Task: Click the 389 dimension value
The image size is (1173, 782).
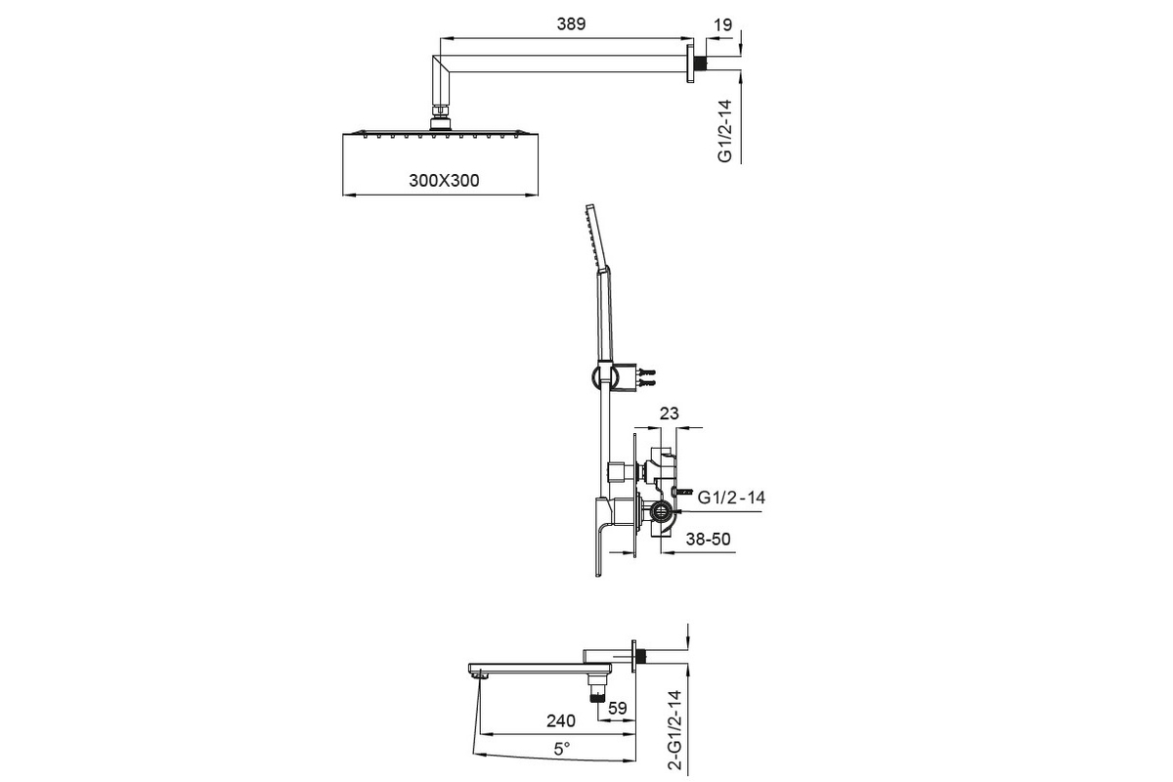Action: (x=571, y=24)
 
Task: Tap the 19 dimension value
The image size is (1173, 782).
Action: (x=722, y=24)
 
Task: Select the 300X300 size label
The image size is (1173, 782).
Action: (x=444, y=180)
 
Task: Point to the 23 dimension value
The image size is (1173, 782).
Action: (x=670, y=413)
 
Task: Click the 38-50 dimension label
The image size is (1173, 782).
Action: (x=708, y=539)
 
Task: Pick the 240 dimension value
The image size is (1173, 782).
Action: (x=561, y=720)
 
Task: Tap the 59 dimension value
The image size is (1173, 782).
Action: (x=618, y=708)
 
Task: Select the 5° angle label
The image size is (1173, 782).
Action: (x=562, y=749)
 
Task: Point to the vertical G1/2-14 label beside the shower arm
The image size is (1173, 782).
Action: (x=724, y=131)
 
